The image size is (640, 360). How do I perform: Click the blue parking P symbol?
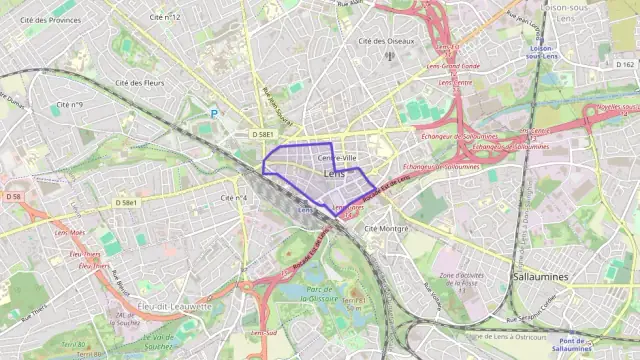[213, 114]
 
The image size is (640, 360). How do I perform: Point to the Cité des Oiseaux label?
[386, 41]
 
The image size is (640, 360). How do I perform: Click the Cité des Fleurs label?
[140, 83]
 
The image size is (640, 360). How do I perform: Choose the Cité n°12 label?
[164, 17]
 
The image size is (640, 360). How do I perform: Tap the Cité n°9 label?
[69, 104]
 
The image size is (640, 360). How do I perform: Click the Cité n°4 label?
[234, 198]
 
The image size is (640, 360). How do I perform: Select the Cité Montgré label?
[387, 228]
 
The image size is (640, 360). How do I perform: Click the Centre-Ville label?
[337, 159]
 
